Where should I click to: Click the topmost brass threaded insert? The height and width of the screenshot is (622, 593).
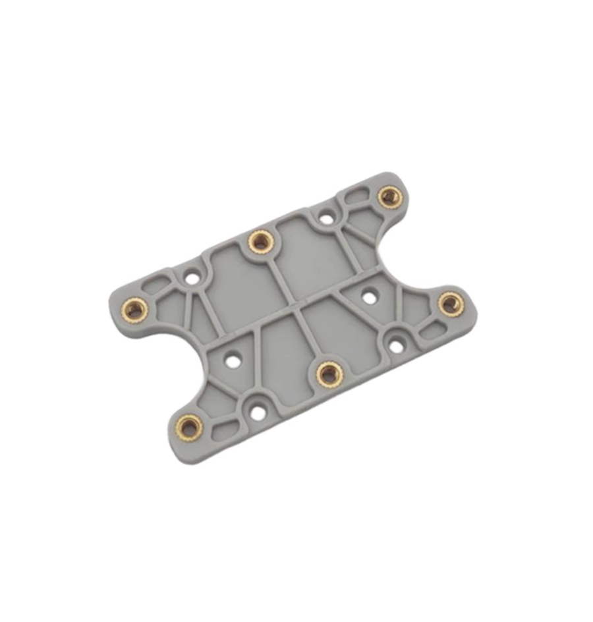coord(389,195)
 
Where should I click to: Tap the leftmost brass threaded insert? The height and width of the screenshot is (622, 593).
coord(135,308)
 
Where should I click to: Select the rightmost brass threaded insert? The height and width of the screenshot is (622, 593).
coord(449,303)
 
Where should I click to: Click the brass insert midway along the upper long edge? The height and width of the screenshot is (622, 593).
coord(260,241)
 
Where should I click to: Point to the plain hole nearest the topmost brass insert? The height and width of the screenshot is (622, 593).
coord(325,217)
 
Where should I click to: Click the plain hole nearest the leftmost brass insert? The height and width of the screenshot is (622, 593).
coord(191,278)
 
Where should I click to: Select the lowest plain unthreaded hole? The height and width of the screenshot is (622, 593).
coord(258,412)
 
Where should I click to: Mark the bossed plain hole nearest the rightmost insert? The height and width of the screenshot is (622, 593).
coord(395,344)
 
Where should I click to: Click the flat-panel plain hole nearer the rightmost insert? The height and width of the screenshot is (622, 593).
coord(369,298)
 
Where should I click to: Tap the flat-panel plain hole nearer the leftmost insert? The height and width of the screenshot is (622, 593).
coord(231,360)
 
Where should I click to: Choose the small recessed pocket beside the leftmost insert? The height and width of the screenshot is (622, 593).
coord(156,287)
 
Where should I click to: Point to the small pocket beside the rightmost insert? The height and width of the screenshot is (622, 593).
coord(431,331)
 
